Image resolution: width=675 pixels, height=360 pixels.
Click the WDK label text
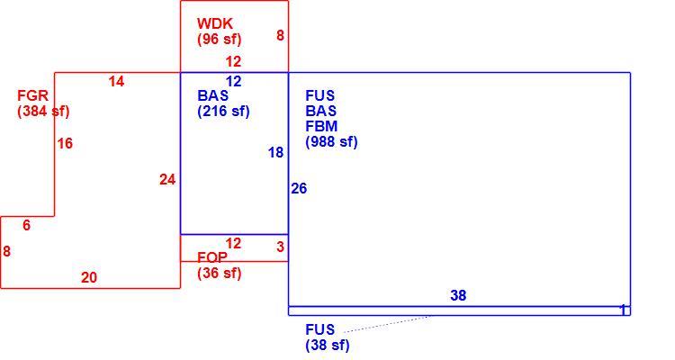coord(215,23)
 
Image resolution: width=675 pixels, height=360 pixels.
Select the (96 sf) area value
coord(220,40)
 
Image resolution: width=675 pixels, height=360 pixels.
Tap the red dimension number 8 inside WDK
coord(280,35)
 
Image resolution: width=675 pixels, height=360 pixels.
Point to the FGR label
coord(33,95)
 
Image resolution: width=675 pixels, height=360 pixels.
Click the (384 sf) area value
coord(43,111)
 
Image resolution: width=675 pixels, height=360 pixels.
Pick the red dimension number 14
coord(116,81)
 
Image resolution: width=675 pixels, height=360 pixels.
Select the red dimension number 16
coord(65,143)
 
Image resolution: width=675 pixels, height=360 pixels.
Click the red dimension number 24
coord(167,180)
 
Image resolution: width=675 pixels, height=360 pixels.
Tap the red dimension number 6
coord(27,225)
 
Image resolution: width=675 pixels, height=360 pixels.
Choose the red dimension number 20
coord(89,278)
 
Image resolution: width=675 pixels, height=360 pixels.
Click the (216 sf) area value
coord(224,111)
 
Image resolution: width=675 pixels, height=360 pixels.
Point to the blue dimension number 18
coord(276,152)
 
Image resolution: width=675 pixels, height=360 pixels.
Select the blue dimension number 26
coord(299,189)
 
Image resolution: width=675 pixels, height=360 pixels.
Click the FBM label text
coord(321,126)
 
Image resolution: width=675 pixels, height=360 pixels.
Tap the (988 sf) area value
coord(331,141)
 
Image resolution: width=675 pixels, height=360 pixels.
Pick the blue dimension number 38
coord(458,295)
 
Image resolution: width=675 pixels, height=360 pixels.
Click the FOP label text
coord(212,257)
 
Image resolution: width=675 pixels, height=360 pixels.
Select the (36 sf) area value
coord(220,273)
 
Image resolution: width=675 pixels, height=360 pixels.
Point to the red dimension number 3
coord(281,247)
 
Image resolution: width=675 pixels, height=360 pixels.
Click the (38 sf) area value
coord(328,346)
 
